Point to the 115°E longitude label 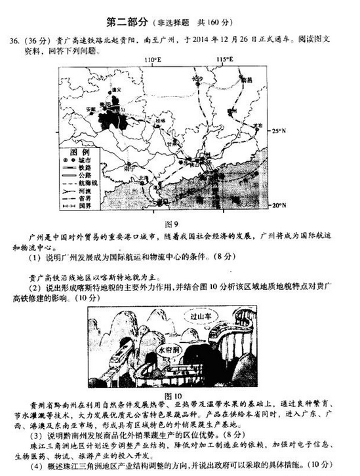coord(225,60)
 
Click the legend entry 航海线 coord(93,183)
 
